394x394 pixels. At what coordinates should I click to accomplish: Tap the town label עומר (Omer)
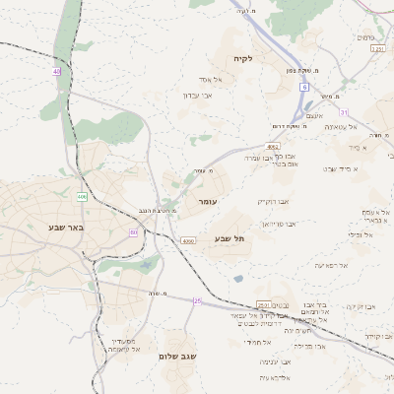click(x=207, y=201)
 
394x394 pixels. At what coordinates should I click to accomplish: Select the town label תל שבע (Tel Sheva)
click(x=229, y=238)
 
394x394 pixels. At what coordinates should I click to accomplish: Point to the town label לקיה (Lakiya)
click(x=242, y=58)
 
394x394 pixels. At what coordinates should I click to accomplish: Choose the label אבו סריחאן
click(x=280, y=224)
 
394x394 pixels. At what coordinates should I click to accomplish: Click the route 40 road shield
click(x=56, y=72)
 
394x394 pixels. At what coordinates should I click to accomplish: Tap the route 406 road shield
click(x=82, y=197)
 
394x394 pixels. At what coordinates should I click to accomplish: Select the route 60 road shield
click(x=133, y=232)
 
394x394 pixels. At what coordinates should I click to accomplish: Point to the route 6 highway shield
click(x=304, y=88)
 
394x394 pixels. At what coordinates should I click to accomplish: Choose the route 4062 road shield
click(x=273, y=146)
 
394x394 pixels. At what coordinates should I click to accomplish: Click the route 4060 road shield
click(x=188, y=240)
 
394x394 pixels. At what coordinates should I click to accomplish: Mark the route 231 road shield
click(x=377, y=47)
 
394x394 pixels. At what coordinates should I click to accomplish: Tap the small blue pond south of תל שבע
click(x=238, y=279)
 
